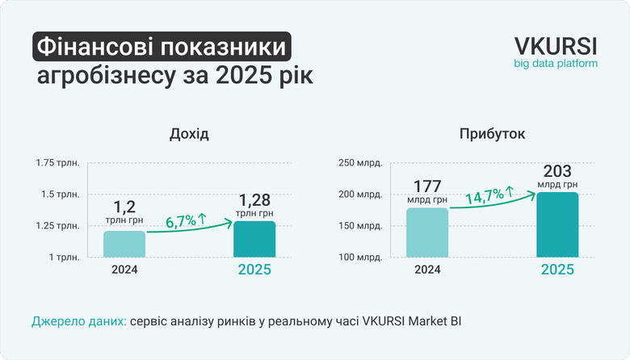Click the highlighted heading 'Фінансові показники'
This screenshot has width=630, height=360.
click(x=162, y=48)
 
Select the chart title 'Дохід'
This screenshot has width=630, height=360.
click(x=190, y=134)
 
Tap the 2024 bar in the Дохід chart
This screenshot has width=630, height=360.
click(x=124, y=244)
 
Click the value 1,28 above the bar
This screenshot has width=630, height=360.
click(x=254, y=200)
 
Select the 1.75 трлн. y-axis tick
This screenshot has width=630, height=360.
click(x=57, y=163)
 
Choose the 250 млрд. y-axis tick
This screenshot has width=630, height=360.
click(x=359, y=163)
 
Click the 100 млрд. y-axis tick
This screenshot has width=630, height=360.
click(x=359, y=257)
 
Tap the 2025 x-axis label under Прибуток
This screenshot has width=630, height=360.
click(x=556, y=270)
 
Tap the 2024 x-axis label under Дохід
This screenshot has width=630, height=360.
click(x=124, y=270)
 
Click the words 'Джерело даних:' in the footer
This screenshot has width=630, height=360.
click(x=78, y=321)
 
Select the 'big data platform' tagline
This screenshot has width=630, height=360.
click(x=556, y=63)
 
